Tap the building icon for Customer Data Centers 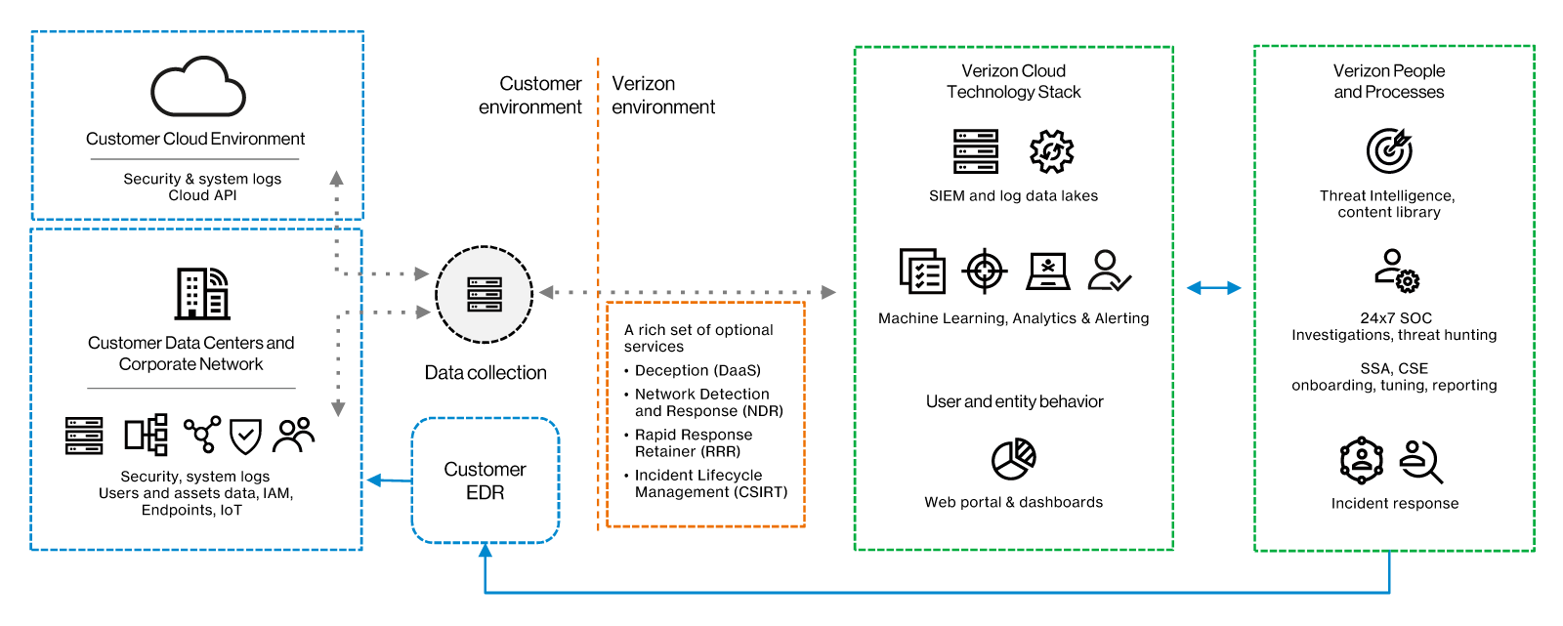pyautogui.click(x=202, y=293)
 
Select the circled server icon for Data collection pyautogui.click(x=485, y=294)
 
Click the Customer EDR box pyautogui.click(x=486, y=480)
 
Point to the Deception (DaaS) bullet pyautogui.click(x=697, y=370)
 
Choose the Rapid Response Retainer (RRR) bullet pyautogui.click(x=694, y=442)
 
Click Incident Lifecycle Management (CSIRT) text pyautogui.click(x=710, y=483)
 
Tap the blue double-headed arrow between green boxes pyautogui.click(x=1213, y=287)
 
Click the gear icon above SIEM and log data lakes pyautogui.click(x=1051, y=151)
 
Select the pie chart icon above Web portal pyautogui.click(x=1014, y=459)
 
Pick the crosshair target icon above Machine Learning pyautogui.click(x=985, y=271)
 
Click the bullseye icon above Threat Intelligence pyautogui.click(x=1389, y=150)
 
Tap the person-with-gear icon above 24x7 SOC pyautogui.click(x=1396, y=271)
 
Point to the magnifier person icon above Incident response pyautogui.click(x=1421, y=461)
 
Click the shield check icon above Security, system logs pyautogui.click(x=245, y=436)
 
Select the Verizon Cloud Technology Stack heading pyautogui.click(x=1013, y=81)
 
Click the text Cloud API pyautogui.click(x=202, y=195)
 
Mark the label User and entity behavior pyautogui.click(x=1014, y=401)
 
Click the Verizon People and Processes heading pyautogui.click(x=1388, y=81)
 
